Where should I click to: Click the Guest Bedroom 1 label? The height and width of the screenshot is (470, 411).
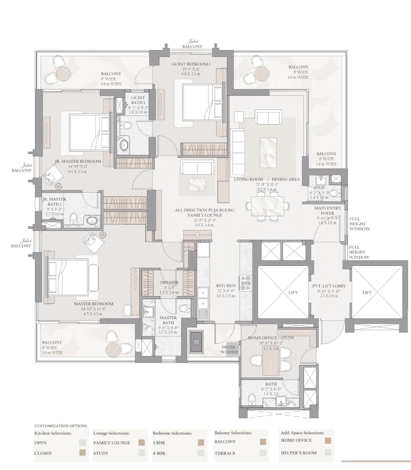(191, 64)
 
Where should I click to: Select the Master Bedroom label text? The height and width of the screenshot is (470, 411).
(93, 304)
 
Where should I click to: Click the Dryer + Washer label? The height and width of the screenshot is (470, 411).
(229, 349)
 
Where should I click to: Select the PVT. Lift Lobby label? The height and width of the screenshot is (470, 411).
(329, 286)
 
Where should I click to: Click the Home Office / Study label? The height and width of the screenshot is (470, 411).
(271, 338)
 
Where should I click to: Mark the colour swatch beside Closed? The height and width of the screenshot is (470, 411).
(83, 453)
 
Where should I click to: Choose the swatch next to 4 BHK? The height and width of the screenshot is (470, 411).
(201, 453)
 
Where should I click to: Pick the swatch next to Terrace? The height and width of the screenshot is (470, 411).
(263, 453)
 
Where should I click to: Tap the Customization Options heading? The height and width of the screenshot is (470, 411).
(61, 426)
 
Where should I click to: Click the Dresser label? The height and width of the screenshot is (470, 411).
(169, 282)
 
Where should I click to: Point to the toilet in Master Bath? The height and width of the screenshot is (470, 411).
(185, 308)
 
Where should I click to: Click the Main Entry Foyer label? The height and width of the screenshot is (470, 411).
(327, 211)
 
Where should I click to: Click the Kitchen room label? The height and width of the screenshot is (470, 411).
(226, 286)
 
